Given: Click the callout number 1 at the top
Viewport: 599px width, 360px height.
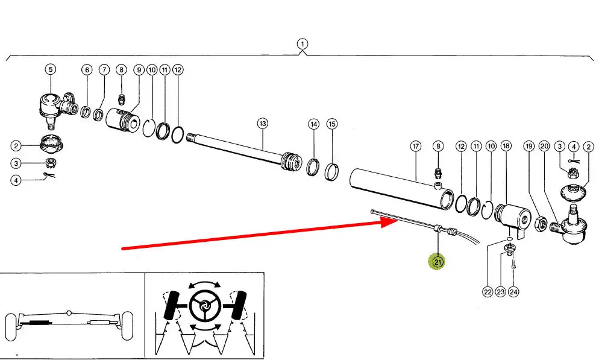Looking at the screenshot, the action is (302, 43).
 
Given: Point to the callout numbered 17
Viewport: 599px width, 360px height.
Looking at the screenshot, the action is (415, 146).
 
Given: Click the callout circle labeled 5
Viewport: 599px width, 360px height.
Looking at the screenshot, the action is (51, 69).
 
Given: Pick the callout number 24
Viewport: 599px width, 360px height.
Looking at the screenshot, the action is (513, 292).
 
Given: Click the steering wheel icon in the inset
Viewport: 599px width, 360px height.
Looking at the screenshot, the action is (204, 307).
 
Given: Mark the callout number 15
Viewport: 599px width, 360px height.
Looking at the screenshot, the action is (332, 124).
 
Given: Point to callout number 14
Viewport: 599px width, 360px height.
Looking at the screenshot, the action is (313, 124).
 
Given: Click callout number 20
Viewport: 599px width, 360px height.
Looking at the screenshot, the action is (544, 146).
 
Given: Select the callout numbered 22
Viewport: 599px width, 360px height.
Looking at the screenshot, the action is (488, 292).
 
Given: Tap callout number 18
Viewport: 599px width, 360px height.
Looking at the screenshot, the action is (506, 146).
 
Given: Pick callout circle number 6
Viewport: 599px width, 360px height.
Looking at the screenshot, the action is (87, 70).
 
